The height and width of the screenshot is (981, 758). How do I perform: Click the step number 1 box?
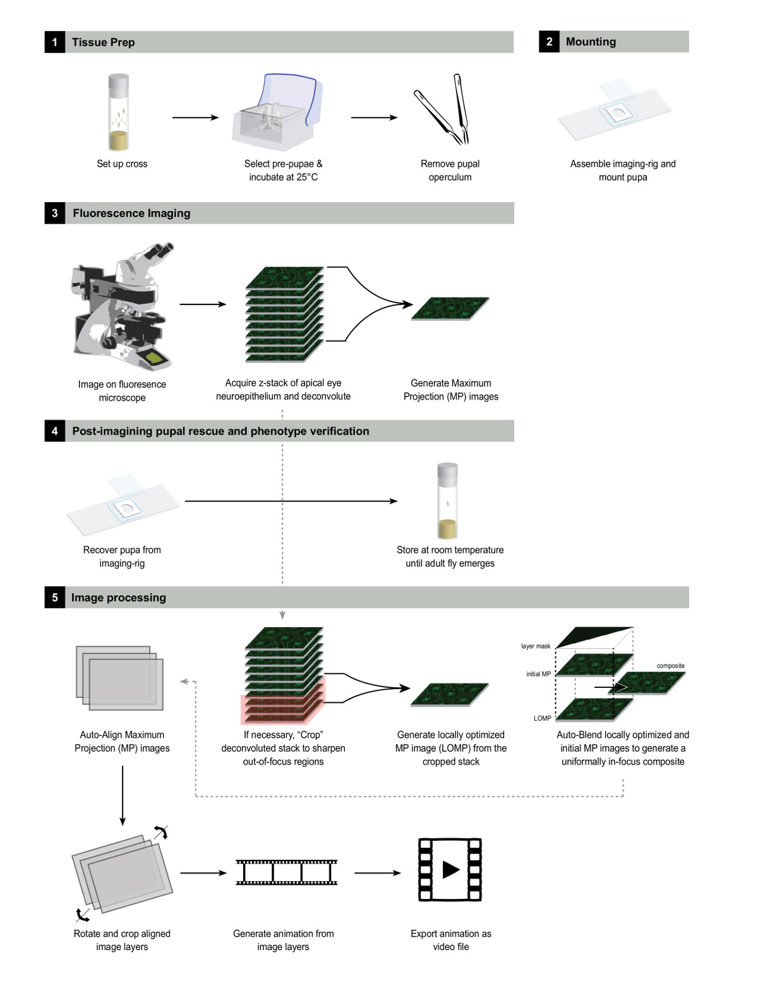tap(55, 42)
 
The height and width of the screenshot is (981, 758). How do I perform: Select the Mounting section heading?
tap(591, 42)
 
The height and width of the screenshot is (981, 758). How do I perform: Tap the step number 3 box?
tap(55, 214)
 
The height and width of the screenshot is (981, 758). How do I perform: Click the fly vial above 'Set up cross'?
tap(119, 112)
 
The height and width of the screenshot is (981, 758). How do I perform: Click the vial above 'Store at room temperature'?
tap(447, 500)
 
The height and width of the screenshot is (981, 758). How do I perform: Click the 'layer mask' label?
tap(536, 646)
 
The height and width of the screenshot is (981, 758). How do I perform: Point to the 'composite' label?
tap(670, 666)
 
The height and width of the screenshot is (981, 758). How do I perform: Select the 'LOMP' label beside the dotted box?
tap(542, 718)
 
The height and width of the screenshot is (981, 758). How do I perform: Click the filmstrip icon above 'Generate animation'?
tap(286, 872)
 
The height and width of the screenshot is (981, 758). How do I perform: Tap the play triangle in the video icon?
tap(450, 869)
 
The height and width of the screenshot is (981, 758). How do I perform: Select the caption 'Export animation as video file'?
tap(450, 940)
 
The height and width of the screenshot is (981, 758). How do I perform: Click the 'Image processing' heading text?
tap(119, 598)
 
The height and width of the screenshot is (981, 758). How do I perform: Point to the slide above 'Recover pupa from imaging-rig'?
tap(123, 505)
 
